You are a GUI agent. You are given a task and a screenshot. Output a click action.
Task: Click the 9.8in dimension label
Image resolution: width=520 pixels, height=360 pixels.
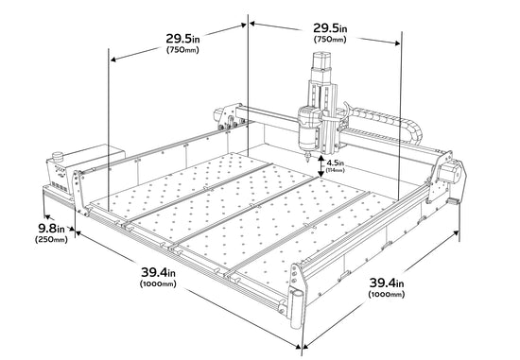[52, 228]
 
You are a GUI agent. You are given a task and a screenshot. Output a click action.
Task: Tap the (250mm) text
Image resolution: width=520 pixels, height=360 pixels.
[51, 239]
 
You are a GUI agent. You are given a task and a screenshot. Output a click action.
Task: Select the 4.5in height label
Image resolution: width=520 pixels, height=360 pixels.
[336, 163]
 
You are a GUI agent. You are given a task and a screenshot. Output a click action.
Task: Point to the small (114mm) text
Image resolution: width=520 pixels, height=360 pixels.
[336, 170]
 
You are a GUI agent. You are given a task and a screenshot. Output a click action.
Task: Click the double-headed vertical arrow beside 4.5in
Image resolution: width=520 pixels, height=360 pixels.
[321, 166]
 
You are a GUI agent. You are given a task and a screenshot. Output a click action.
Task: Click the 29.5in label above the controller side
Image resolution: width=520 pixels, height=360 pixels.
[182, 39]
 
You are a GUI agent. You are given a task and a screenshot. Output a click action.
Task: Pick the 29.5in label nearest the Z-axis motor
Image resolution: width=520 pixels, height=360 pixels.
[330, 28]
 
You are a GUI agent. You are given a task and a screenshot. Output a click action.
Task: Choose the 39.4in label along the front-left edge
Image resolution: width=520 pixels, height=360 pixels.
[158, 272]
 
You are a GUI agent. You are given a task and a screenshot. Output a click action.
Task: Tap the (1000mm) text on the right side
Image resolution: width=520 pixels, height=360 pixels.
[387, 294]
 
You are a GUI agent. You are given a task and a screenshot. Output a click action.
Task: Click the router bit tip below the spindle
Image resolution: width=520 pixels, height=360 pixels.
[307, 160]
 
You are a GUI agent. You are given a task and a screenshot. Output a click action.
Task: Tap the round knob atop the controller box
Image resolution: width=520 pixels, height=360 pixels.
[58, 156]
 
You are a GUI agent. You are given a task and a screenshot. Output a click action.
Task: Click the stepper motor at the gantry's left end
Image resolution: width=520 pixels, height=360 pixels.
[217, 115]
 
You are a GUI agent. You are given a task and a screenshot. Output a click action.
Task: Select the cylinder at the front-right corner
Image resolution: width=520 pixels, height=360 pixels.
[297, 307]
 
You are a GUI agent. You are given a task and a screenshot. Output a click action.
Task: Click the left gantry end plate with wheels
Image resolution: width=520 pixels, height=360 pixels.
[230, 117]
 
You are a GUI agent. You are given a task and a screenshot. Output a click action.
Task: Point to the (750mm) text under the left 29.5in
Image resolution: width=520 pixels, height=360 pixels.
[182, 50]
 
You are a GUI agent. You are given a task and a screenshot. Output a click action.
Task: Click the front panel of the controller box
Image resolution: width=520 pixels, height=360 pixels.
[59, 177]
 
